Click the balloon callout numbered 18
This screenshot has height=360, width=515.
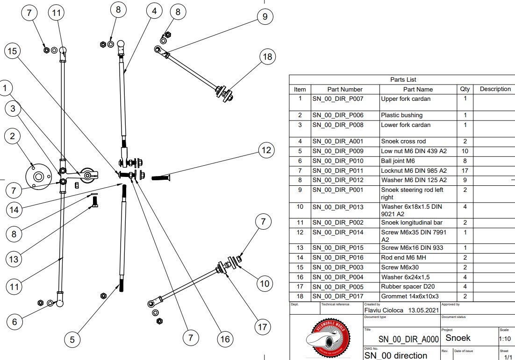267,57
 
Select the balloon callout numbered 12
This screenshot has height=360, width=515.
266,150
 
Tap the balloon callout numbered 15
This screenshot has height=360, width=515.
13,51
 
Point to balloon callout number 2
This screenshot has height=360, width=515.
13,136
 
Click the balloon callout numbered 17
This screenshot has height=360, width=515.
263,327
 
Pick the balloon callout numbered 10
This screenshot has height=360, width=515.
265,283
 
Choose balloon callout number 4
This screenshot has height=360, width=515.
154,10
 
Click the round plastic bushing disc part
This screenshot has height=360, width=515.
38,176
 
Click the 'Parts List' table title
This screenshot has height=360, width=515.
402,80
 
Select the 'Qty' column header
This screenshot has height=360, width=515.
465,89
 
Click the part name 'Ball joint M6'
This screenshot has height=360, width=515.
398,161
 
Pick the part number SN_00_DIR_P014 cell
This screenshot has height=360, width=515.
345,233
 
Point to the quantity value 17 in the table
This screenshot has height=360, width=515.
465,171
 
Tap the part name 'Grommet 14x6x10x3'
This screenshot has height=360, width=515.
409,296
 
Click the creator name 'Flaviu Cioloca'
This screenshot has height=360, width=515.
384,310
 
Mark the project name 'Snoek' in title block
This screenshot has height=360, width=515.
458,338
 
